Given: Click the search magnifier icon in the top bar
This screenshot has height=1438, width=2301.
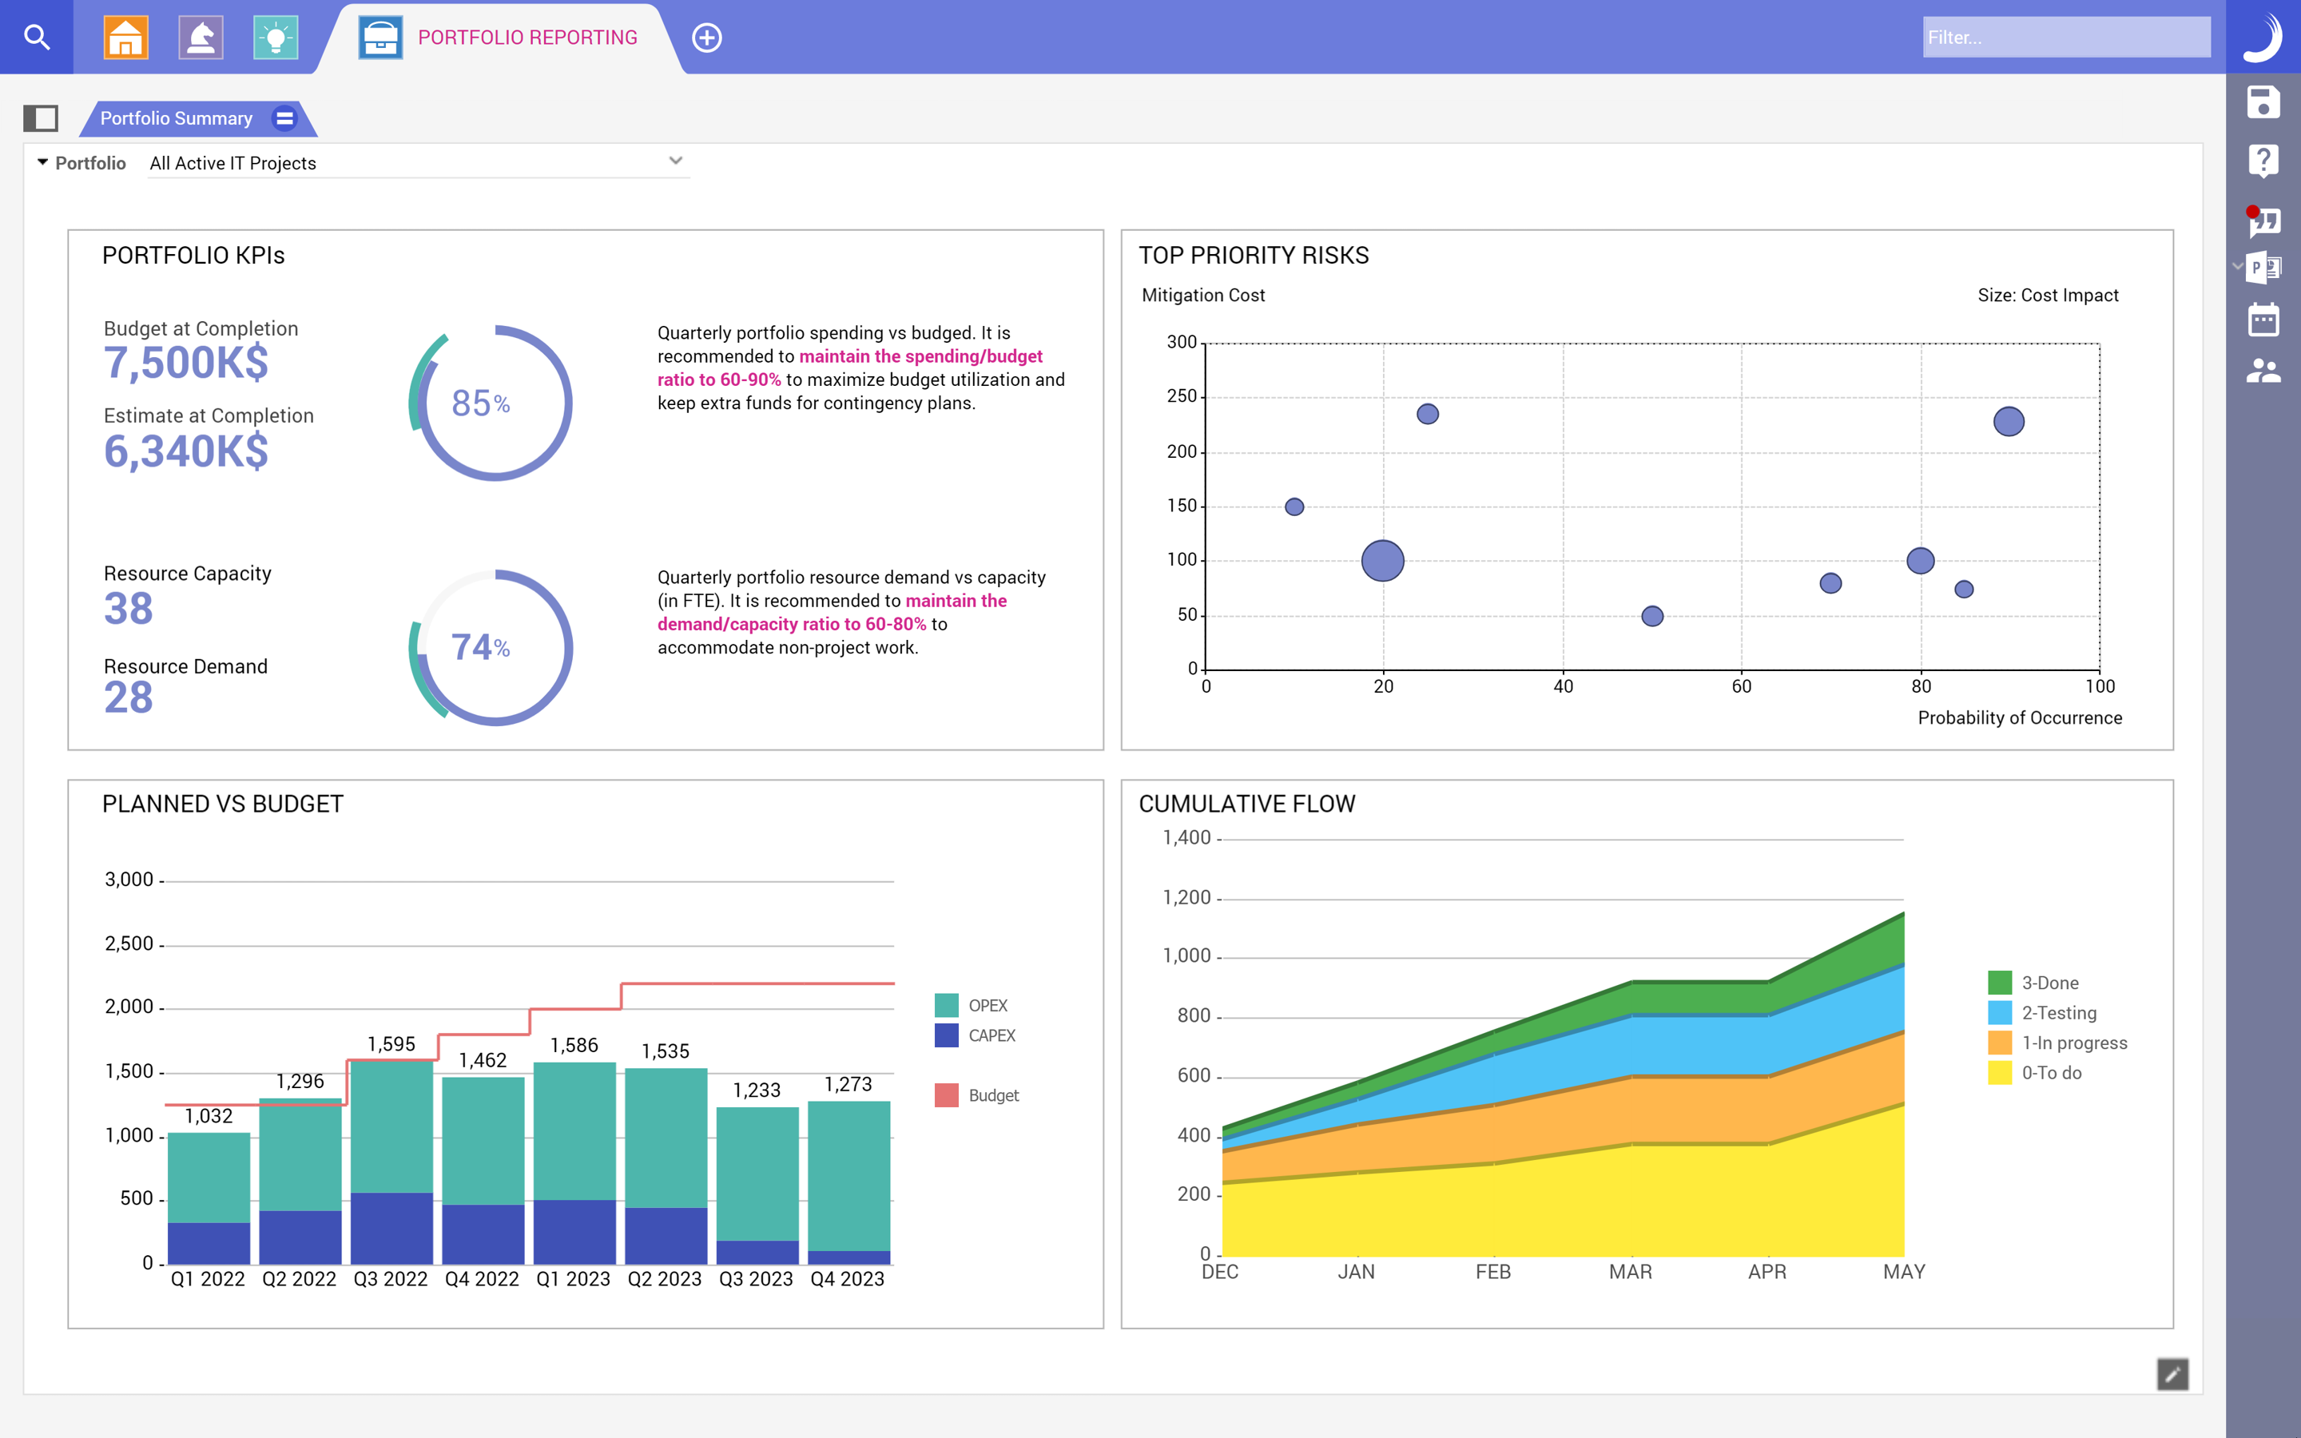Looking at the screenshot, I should [36, 37].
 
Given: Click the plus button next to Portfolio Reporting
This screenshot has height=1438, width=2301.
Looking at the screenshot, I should [706, 38].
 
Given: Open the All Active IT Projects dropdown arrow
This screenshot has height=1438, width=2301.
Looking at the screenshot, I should [675, 161].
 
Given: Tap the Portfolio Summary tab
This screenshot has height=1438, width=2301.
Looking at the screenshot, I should [177, 119].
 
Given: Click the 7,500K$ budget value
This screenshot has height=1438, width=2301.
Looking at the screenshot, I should [186, 363].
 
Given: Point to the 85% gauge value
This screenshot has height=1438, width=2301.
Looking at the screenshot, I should [480, 403].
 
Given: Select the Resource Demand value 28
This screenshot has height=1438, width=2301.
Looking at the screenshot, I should [129, 698].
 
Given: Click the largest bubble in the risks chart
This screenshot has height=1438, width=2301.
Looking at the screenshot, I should [1382, 560].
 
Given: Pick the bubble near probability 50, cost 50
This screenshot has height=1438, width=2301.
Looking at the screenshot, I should [1652, 616].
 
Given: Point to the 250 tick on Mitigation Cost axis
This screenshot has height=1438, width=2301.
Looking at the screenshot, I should [1182, 395].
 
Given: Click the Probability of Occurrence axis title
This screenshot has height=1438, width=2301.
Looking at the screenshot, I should [2020, 718].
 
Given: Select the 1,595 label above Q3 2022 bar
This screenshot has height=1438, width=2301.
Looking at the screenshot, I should [391, 1044].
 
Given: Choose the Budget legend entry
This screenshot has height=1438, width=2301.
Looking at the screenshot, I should [992, 1095].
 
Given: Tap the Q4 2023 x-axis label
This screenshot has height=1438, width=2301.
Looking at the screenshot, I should [847, 1279].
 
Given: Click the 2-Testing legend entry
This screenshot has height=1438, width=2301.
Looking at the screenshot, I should [2059, 1013].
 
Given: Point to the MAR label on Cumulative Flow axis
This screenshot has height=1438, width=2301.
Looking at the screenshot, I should [1630, 1272].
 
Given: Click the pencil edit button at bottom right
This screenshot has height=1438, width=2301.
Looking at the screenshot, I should [2172, 1374].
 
